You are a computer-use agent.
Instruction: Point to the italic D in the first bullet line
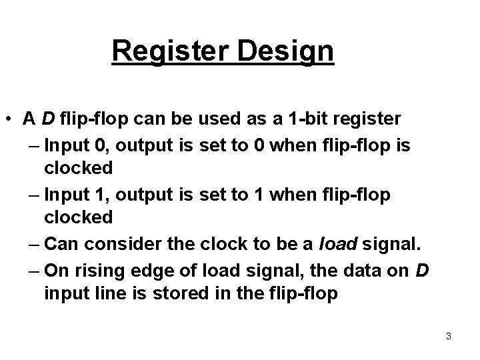48,119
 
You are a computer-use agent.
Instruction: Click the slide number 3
449,337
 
